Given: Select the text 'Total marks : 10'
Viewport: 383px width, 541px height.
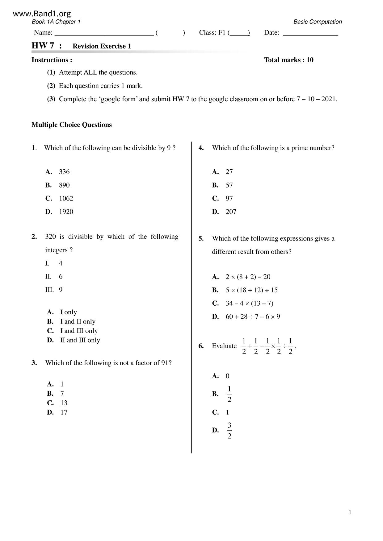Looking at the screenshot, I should tap(288, 60).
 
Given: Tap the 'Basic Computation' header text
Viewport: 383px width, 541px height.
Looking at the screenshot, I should tap(317, 22).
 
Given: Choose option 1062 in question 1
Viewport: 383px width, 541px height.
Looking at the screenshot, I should tap(66, 198).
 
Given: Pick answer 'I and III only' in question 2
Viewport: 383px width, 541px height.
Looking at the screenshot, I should tap(79, 331).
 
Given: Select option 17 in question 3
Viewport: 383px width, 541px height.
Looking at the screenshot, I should tap(64, 412).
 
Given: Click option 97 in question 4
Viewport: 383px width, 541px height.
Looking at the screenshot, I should tap(229, 198).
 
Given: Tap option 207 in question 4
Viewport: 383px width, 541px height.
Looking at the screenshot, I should tap(231, 212).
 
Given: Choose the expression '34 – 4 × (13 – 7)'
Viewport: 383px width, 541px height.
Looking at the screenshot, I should tap(249, 304).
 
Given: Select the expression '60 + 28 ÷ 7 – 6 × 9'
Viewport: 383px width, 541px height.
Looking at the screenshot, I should tap(253, 317).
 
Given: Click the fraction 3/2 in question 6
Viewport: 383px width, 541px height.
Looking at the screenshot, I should tap(229, 430).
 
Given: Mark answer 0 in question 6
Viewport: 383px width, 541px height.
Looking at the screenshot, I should tap(227, 376).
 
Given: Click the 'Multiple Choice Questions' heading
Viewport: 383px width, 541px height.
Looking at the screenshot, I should tap(72, 125).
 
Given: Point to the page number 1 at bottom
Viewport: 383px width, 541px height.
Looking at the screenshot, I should tap(350, 513).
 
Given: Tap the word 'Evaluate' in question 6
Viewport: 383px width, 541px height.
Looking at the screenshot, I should tap(224, 346).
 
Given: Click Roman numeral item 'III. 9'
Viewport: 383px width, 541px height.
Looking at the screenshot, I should tap(54, 290).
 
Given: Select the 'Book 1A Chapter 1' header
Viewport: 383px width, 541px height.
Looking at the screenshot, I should tap(56, 22).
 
